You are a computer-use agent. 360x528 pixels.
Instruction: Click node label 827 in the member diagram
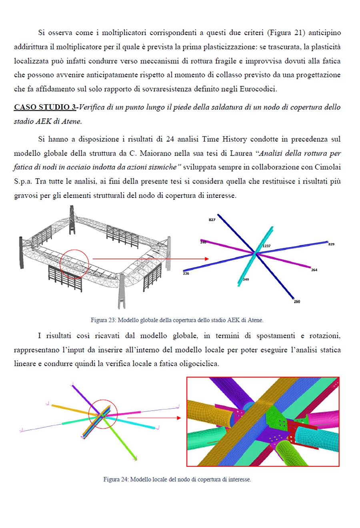click(x=212, y=220)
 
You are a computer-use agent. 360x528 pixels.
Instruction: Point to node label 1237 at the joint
click(x=266, y=246)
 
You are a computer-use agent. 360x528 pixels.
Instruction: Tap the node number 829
click(x=331, y=244)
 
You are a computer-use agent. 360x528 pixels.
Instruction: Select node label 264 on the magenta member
click(x=314, y=270)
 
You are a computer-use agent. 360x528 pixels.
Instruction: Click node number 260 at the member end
click(x=297, y=301)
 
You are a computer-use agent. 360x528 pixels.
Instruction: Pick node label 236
click(x=186, y=273)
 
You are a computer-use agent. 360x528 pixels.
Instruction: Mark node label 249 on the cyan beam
click(x=246, y=279)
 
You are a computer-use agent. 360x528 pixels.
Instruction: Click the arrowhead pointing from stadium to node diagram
click(x=206, y=259)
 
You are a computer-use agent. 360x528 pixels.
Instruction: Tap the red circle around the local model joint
click(x=103, y=414)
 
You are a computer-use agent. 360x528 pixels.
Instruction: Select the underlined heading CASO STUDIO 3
click(x=45, y=107)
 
